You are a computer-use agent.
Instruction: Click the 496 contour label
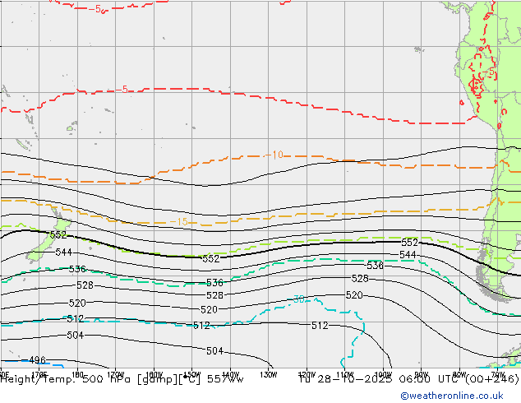pyautogui.click(x=36, y=360)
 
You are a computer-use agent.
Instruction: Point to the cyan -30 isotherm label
pyautogui.click(x=299, y=299)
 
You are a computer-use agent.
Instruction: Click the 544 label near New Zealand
pyautogui.click(x=64, y=252)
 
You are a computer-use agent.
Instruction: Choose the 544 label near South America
pyautogui.click(x=408, y=255)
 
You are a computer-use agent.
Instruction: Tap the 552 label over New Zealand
pyautogui.click(x=58, y=235)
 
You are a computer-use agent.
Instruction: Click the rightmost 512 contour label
pyautogui.click(x=320, y=326)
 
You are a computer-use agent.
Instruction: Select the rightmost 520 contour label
pyautogui.click(x=354, y=295)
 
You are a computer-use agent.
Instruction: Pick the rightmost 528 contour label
pyautogui.click(x=360, y=279)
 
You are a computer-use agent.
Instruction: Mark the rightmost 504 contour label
pyautogui.click(x=214, y=351)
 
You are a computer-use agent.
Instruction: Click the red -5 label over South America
pyautogui.click(x=490, y=73)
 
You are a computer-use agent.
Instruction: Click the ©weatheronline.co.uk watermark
pyautogui.click(x=459, y=396)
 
